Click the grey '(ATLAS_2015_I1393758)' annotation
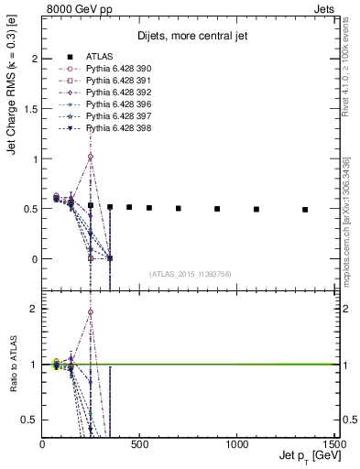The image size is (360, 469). [190, 273]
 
